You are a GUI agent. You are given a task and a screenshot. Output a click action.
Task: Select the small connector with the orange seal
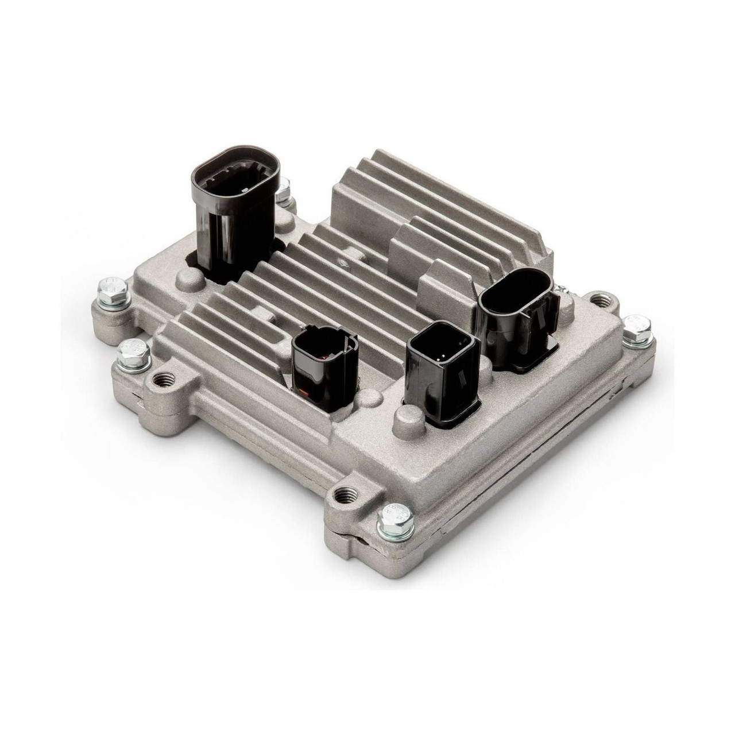coord(324,367)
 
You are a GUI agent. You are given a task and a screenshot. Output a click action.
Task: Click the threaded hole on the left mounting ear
coord(159,380)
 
